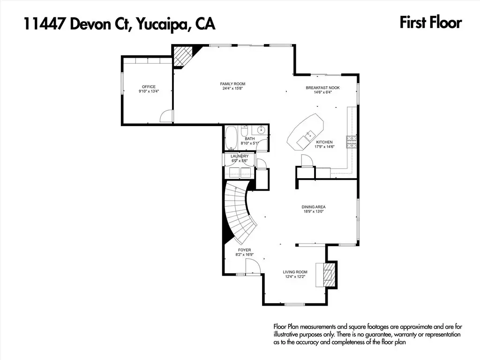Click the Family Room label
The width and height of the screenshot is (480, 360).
tap(232, 84)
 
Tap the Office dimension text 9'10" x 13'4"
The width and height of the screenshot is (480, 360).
tap(149, 91)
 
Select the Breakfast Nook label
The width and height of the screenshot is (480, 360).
tap(322, 88)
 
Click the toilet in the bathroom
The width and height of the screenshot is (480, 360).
tap(244, 131)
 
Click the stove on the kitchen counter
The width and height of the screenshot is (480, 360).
tap(352, 142)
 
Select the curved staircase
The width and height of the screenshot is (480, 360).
tap(240, 211)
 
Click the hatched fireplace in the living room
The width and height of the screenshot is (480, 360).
tap(327, 275)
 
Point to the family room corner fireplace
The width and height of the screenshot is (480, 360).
tap(183, 56)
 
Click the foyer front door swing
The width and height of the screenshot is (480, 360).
tap(253, 267)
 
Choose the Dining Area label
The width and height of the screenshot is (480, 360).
tap(314, 207)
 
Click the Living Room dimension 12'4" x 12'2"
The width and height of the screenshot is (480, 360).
tap(295, 277)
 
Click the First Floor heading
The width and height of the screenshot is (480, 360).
tap(431, 22)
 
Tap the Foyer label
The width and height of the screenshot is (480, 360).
tap(245, 250)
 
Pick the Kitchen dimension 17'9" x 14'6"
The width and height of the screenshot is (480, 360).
tap(324, 147)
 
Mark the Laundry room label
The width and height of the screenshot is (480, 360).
tap(240, 156)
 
